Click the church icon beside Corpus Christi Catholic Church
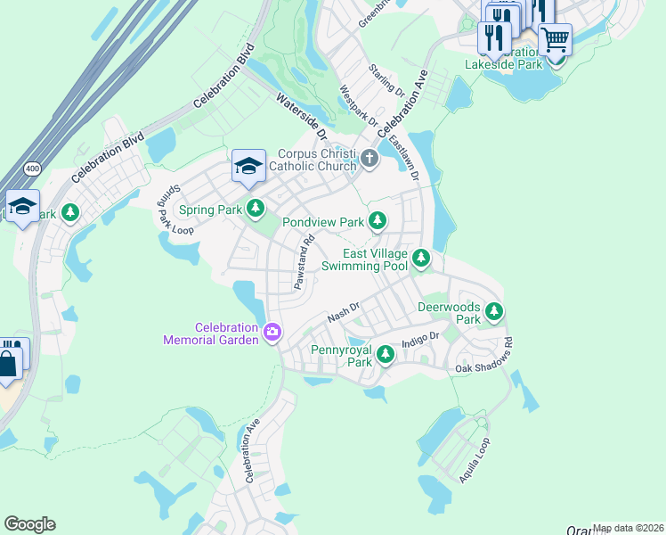370,160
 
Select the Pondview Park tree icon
378,220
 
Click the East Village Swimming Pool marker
420,259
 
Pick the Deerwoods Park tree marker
493,312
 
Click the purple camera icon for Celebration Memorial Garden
272,333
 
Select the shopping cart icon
554,38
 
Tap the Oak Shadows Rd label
485,355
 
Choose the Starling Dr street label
387,81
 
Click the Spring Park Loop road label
176,211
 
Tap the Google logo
29,524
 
